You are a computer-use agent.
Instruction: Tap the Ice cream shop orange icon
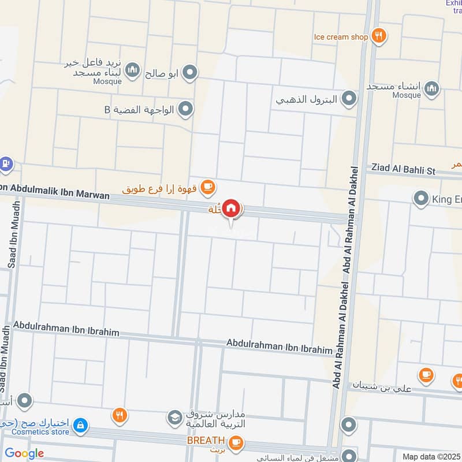coord(379,36)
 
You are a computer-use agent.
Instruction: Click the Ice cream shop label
coord(341,37)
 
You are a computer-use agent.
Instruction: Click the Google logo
coord(24,453)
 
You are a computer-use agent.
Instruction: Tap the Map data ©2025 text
coord(430,456)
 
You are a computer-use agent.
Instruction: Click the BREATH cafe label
coord(205,441)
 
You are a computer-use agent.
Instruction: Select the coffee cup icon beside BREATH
coord(236,442)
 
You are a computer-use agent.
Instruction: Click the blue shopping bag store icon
coord(82,426)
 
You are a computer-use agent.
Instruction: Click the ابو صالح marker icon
coord(190,72)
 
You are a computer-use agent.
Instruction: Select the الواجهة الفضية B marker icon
coord(185,108)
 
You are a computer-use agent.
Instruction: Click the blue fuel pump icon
coord(5,164)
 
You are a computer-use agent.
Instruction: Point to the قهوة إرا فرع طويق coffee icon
coord(208,187)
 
